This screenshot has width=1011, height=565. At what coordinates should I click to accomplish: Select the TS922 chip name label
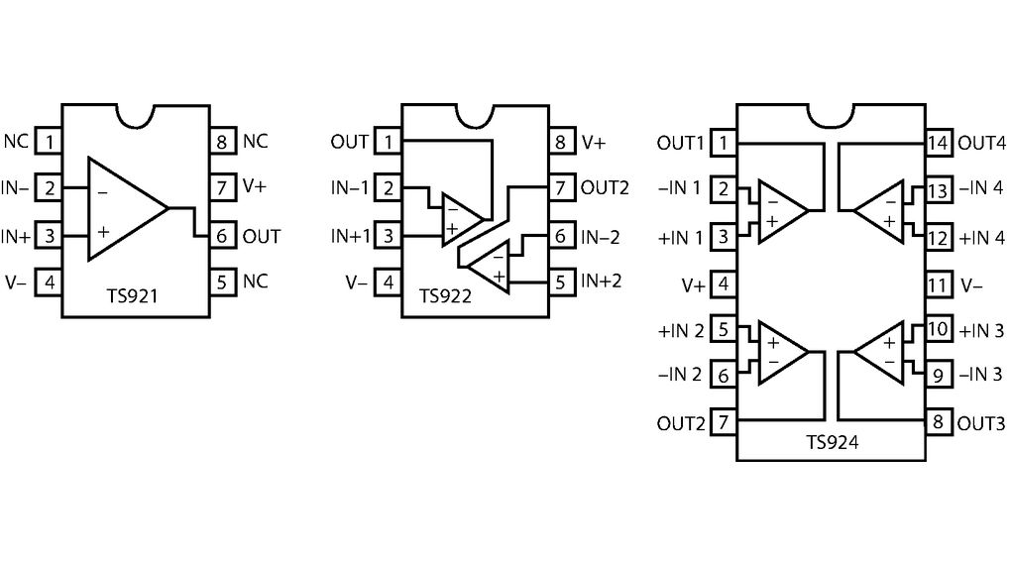click(x=445, y=295)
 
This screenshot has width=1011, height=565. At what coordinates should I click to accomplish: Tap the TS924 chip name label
click(x=831, y=443)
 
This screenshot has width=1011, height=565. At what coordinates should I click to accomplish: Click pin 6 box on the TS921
click(x=222, y=236)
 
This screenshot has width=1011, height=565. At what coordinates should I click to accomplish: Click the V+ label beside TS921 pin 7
click(x=255, y=185)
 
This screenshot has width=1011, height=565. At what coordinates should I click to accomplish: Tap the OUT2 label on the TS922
click(x=605, y=187)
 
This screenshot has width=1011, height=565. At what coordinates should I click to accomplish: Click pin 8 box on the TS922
click(x=561, y=142)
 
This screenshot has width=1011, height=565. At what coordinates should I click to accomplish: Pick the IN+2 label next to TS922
click(x=602, y=281)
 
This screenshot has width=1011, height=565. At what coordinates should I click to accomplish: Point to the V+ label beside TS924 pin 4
click(x=693, y=285)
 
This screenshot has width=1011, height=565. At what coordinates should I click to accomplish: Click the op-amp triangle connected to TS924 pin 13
click(x=881, y=209)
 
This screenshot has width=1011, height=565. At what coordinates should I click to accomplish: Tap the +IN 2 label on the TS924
click(x=680, y=330)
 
